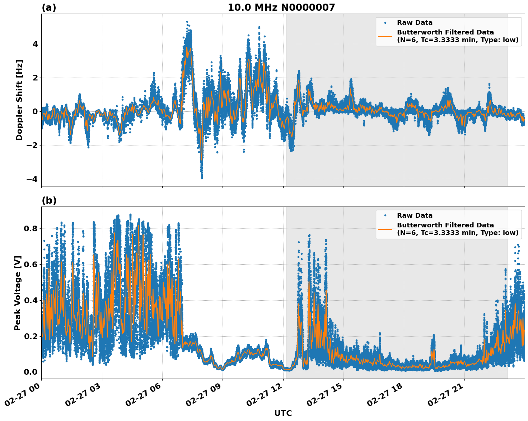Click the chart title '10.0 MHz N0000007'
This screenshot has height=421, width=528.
click(x=281, y=8)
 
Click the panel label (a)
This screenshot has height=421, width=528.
click(x=49, y=8)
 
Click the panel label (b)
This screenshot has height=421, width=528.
click(x=49, y=200)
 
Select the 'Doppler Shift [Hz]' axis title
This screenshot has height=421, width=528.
click(x=19, y=100)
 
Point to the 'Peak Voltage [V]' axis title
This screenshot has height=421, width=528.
click(x=18, y=293)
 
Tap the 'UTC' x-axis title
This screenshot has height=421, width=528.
click(x=283, y=413)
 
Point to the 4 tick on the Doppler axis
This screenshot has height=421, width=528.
click(x=35, y=44)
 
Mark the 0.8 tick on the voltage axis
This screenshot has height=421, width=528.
click(x=31, y=228)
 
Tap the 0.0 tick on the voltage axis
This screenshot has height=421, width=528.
click(x=31, y=372)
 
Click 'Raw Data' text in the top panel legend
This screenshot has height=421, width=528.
click(x=415, y=23)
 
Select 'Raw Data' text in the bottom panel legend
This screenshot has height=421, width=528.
click(x=415, y=216)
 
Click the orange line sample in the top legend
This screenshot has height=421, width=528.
click(x=385, y=36)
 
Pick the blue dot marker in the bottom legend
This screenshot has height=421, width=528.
click(x=385, y=216)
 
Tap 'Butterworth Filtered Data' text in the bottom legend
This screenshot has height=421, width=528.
click(x=445, y=225)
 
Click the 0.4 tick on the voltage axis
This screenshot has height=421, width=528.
click(x=31, y=300)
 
